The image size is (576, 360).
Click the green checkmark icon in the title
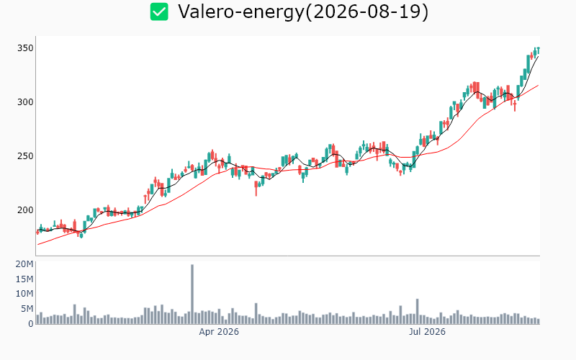pos(159,12)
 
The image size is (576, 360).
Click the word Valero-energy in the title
pos(241,12)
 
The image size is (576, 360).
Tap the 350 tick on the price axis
pos(25,48)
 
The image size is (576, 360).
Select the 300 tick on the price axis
pos(25,102)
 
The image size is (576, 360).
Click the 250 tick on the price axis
pos(25,156)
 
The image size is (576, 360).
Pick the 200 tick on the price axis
pos(25,210)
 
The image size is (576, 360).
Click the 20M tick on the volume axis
pos(24,264)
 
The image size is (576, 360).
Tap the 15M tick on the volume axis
pos(24,279)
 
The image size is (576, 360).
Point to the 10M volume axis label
pos(24,294)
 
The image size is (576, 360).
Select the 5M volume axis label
pos(27,309)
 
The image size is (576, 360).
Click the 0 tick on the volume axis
pos(31,324)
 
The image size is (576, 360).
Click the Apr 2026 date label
pos(219,332)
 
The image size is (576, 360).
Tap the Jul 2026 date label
pos(427,332)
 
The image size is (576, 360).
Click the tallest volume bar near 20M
pos(192,294)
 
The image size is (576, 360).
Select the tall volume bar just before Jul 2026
pos(418,311)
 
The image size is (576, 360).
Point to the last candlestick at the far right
pos(538,51)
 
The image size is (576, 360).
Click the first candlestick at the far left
pos(37,232)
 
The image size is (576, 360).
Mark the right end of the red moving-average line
pos(538,85)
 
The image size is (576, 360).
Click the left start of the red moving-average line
pos(38,245)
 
